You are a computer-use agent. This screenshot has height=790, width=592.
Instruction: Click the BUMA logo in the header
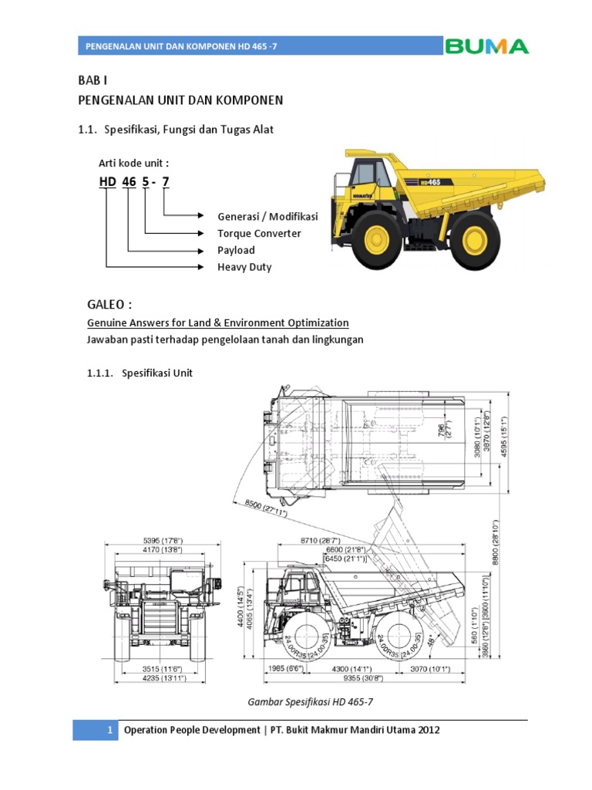click(x=486, y=46)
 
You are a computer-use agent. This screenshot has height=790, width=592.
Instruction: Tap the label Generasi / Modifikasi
click(x=267, y=216)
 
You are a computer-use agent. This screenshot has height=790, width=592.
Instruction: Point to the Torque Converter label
click(x=259, y=233)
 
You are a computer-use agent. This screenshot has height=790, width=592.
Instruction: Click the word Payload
click(x=236, y=250)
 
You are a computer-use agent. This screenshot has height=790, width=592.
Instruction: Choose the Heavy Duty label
click(x=244, y=267)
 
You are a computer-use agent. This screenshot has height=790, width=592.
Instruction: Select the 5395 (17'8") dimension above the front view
click(x=162, y=540)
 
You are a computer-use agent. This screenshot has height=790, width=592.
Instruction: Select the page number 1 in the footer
click(x=111, y=730)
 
